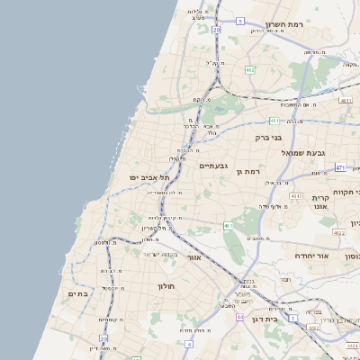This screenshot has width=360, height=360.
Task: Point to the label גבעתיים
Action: click(x=213, y=166)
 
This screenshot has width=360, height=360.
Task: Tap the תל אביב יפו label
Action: click(x=149, y=178)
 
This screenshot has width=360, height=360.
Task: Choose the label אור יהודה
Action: click(x=315, y=256)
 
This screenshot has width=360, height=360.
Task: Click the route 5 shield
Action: click(x=240, y=21)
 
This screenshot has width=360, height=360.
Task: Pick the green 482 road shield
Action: click(x=250, y=69)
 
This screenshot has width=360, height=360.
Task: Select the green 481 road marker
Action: click(x=274, y=120)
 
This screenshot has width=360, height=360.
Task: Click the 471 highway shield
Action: click(x=339, y=167)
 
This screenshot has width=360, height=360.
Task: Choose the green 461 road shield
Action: click(x=229, y=226)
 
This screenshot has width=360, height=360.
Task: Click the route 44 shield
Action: click(x=239, y=317)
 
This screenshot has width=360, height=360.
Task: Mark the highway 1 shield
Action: click(x=292, y=317)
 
